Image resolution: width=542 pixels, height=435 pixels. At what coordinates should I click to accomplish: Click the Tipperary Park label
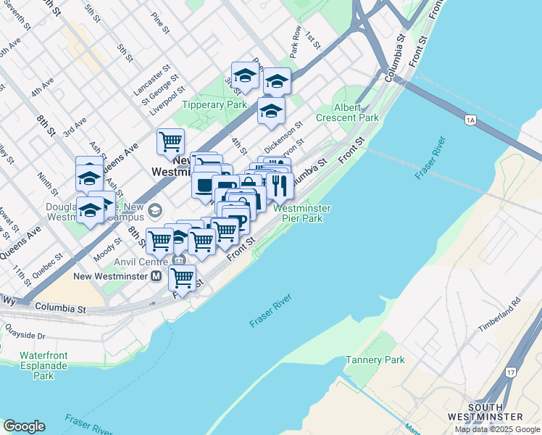pyautogui.click(x=216, y=105)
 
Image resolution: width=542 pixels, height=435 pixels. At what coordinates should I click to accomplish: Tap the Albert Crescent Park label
pyautogui.click(x=347, y=112)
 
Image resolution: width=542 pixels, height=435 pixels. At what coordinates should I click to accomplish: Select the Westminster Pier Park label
pyautogui.click(x=302, y=213)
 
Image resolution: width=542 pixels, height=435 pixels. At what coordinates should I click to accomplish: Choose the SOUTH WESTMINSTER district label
pyautogui.click(x=495, y=411)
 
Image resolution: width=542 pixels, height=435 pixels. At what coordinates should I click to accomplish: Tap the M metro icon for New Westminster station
pyautogui.click(x=157, y=276)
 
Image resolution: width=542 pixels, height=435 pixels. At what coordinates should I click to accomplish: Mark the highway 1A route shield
pyautogui.click(x=471, y=120)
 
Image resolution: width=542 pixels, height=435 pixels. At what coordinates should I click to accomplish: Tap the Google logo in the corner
pyautogui.click(x=24, y=426)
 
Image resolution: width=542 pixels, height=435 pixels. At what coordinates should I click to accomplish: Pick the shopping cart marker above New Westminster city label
pyautogui.click(x=170, y=141)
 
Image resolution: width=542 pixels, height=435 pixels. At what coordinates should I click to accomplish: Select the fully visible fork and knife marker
pyautogui.click(x=279, y=186)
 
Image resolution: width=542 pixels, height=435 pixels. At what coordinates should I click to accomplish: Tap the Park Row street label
pyautogui.click(x=295, y=45)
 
